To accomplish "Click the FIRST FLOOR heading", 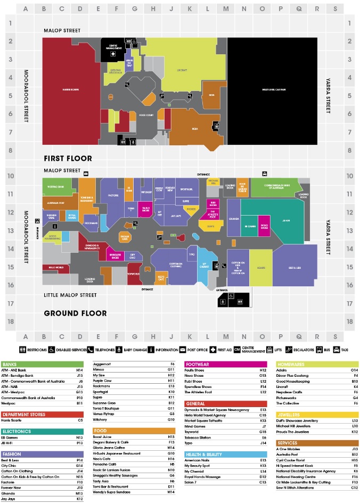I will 68,158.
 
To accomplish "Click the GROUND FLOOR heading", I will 75,313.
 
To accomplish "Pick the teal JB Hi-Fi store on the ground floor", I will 286,220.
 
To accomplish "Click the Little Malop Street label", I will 70,295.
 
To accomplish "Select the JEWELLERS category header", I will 290,414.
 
